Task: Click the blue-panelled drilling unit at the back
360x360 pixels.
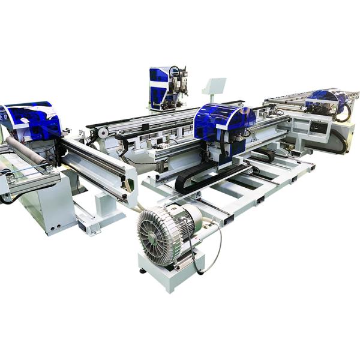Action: [161, 84]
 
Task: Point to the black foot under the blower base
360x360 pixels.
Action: [142, 271]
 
